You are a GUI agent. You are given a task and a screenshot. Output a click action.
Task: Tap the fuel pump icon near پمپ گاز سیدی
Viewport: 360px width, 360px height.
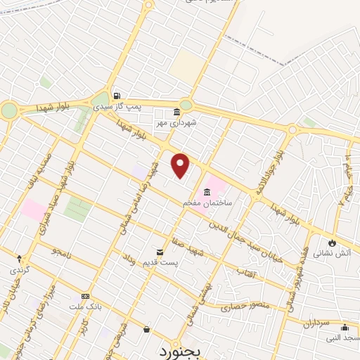pos(117,96)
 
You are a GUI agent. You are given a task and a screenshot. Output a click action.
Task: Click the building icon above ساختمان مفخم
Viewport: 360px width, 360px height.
pos(206,193)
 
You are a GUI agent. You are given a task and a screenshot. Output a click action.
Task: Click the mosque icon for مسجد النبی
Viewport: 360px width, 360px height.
pos(345,328)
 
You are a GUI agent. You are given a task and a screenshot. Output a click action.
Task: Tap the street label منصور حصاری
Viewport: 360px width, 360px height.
pos(240,307)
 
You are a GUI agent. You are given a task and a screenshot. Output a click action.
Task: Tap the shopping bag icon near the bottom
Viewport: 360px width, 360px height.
pos(146,329)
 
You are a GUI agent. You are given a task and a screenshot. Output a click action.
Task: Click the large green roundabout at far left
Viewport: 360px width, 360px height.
pos(8,110)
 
